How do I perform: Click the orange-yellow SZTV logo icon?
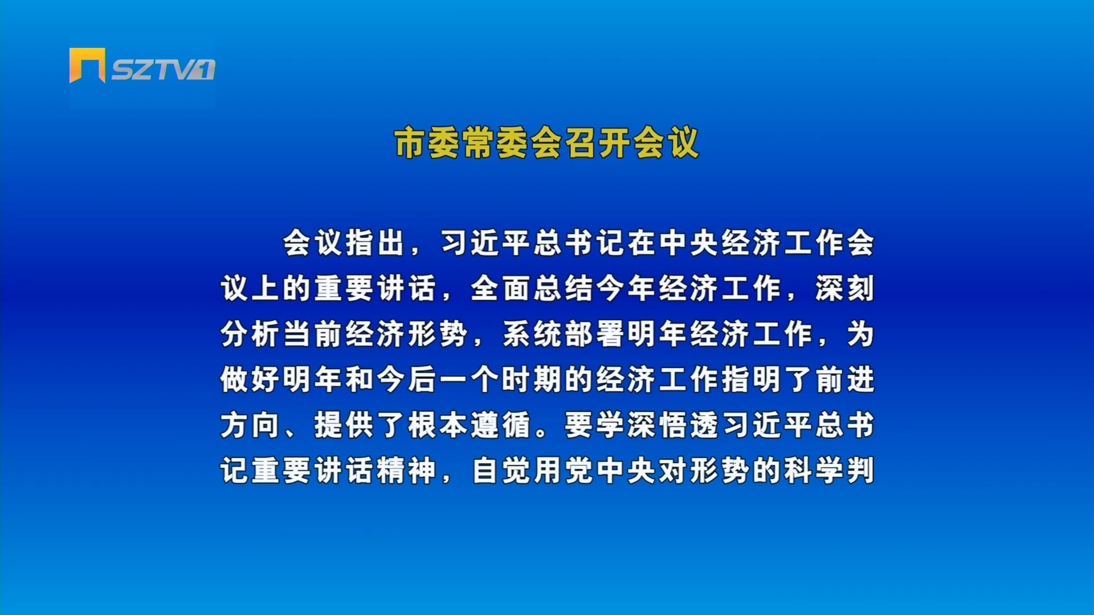coord(87,65)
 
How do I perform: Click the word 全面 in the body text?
coord(501,288)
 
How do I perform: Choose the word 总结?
coord(564,288)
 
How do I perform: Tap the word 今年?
coord(626,288)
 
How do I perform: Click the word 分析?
coord(251,334)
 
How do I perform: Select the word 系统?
coord(532,334)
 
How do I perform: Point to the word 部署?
coord(595,334)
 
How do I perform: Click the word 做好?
coord(251,379)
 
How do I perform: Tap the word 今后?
coord(407,379)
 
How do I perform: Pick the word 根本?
coord(438,425)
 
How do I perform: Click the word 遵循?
coord(501,425)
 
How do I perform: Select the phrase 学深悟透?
coord(658,425)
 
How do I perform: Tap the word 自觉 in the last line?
coord(501,470)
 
